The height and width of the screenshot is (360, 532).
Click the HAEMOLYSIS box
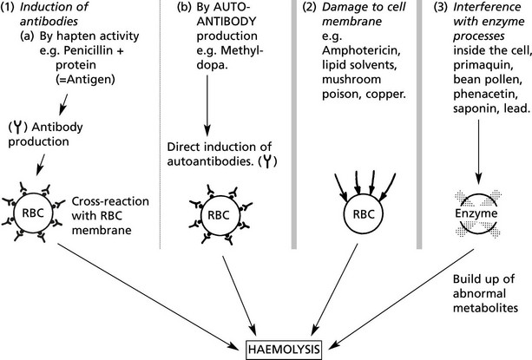(282, 350)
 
